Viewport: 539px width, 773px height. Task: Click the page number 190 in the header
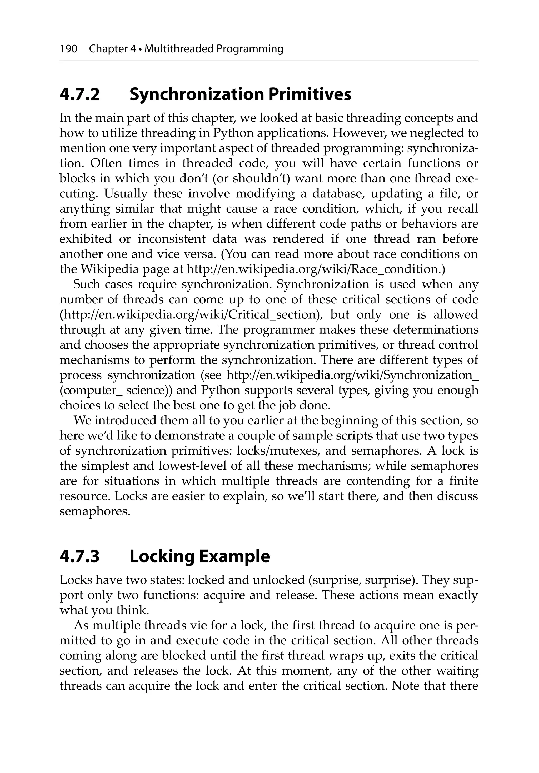[x=68, y=49]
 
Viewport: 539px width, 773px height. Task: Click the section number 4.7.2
[x=79, y=94]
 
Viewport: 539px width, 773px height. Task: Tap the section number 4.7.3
[x=79, y=556]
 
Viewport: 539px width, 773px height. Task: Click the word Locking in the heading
[x=162, y=556]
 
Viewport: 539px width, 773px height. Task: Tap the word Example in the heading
[x=234, y=556]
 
